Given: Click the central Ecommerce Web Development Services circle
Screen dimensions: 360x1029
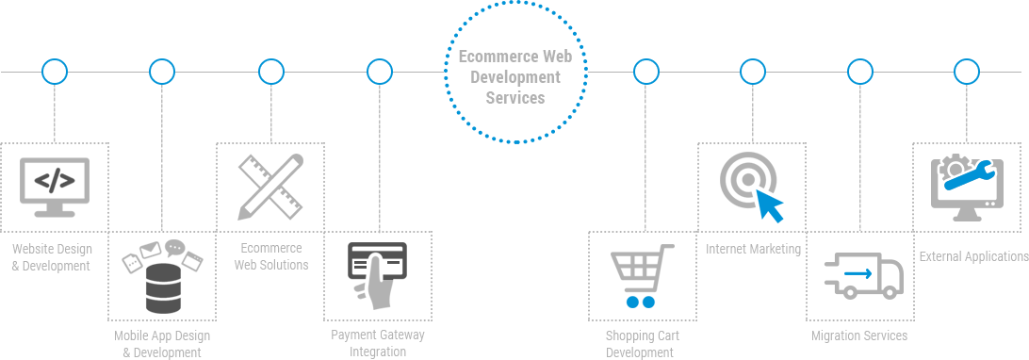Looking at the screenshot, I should pyautogui.click(x=514, y=73).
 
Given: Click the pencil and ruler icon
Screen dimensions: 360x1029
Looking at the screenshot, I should pyautogui.click(x=269, y=186).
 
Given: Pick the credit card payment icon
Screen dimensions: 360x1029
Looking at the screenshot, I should pyautogui.click(x=377, y=274).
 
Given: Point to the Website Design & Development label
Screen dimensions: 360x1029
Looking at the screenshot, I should pyautogui.click(x=51, y=257).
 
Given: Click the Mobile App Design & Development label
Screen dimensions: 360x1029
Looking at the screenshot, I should pyautogui.click(x=162, y=344).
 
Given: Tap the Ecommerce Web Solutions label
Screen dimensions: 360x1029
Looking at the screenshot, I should pyautogui.click(x=270, y=256).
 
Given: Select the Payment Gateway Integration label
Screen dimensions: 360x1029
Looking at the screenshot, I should pyautogui.click(x=378, y=343).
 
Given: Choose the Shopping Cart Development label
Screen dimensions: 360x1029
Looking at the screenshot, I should pyautogui.click(x=642, y=344).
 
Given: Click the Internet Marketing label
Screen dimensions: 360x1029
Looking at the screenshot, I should pyautogui.click(x=754, y=249).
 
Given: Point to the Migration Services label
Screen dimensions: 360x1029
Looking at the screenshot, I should pyautogui.click(x=859, y=335).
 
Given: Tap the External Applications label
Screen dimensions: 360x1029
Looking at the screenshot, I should pyautogui.click(x=973, y=256).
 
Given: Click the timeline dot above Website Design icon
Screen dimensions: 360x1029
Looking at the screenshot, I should pyautogui.click(x=55, y=71).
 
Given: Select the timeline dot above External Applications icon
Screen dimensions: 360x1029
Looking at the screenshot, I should pyautogui.click(x=967, y=71).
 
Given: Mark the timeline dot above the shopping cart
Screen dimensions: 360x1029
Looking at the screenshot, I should pyautogui.click(x=645, y=71).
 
